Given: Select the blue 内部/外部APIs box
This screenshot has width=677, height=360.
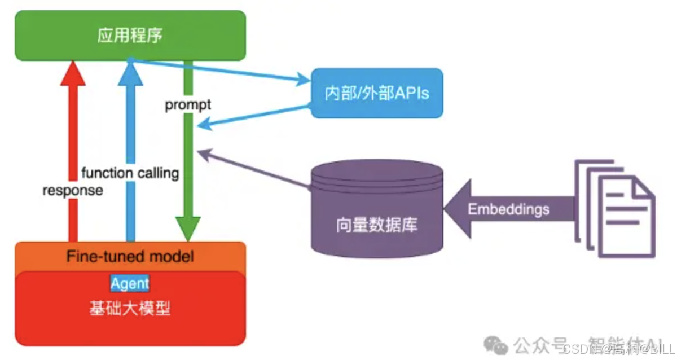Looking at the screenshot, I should click(377, 93).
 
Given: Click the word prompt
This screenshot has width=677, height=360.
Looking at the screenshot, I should click(188, 105).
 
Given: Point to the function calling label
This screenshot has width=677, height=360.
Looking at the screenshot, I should click(130, 173).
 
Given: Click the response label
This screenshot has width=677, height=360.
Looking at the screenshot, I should click(73, 191).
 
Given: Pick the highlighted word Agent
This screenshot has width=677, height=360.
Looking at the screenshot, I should click(130, 283).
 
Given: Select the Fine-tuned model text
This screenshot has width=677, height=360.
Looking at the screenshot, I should click(130, 256).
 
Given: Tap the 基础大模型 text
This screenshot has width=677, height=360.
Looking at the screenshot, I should click(130, 309).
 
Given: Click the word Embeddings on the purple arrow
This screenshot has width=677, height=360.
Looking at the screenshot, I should click(508, 209).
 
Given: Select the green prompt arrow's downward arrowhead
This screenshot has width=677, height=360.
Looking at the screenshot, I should click(188, 229).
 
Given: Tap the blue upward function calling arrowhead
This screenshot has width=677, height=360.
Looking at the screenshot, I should click(130, 72).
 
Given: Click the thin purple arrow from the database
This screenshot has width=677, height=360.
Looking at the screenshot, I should click(254, 169).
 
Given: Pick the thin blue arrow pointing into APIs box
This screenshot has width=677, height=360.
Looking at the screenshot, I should click(226, 71).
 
